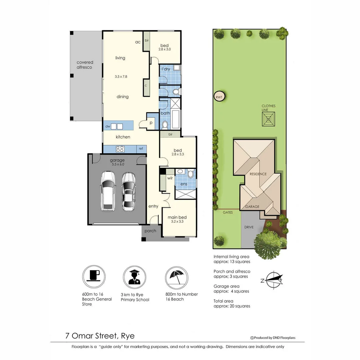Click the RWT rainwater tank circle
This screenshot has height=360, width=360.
219,97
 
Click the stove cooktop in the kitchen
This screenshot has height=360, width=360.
120,149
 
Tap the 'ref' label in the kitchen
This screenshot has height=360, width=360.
141,149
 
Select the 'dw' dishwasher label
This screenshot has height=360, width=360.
108,127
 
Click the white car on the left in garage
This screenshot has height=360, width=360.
108,191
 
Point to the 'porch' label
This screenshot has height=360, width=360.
150,231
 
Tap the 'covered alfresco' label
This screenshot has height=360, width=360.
85,65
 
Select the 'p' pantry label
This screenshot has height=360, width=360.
151,123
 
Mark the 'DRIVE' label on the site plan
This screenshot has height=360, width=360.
249,227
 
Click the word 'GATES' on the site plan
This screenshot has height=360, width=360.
228,212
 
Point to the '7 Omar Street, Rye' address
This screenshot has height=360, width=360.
100,335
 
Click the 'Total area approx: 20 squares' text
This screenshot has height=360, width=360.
232,304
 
